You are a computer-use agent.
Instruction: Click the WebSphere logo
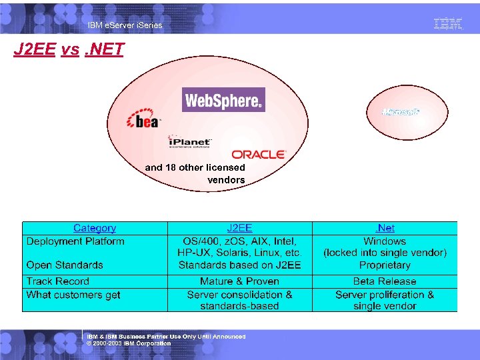click(223, 100)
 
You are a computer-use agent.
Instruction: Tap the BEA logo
click(144, 120)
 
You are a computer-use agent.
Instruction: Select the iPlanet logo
click(190, 142)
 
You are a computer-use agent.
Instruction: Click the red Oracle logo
click(259, 154)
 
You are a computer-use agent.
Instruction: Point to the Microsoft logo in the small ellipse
click(401, 111)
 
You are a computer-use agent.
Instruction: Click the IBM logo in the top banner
click(448, 24)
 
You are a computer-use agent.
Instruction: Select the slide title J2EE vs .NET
click(69, 50)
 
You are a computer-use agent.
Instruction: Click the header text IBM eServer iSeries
click(125, 25)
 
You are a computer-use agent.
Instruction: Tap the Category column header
click(95, 228)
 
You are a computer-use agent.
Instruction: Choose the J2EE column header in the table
click(239, 228)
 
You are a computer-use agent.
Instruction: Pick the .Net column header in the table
click(385, 228)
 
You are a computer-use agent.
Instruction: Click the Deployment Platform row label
click(75, 241)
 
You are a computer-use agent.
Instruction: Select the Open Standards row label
click(65, 265)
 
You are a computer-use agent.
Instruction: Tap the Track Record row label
click(57, 281)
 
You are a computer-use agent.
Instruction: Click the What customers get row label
click(73, 294)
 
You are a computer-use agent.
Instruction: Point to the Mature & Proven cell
click(239, 281)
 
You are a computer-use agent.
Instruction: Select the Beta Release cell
click(385, 281)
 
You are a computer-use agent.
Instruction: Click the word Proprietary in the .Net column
click(385, 265)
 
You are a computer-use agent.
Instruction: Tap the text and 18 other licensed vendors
click(195, 173)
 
